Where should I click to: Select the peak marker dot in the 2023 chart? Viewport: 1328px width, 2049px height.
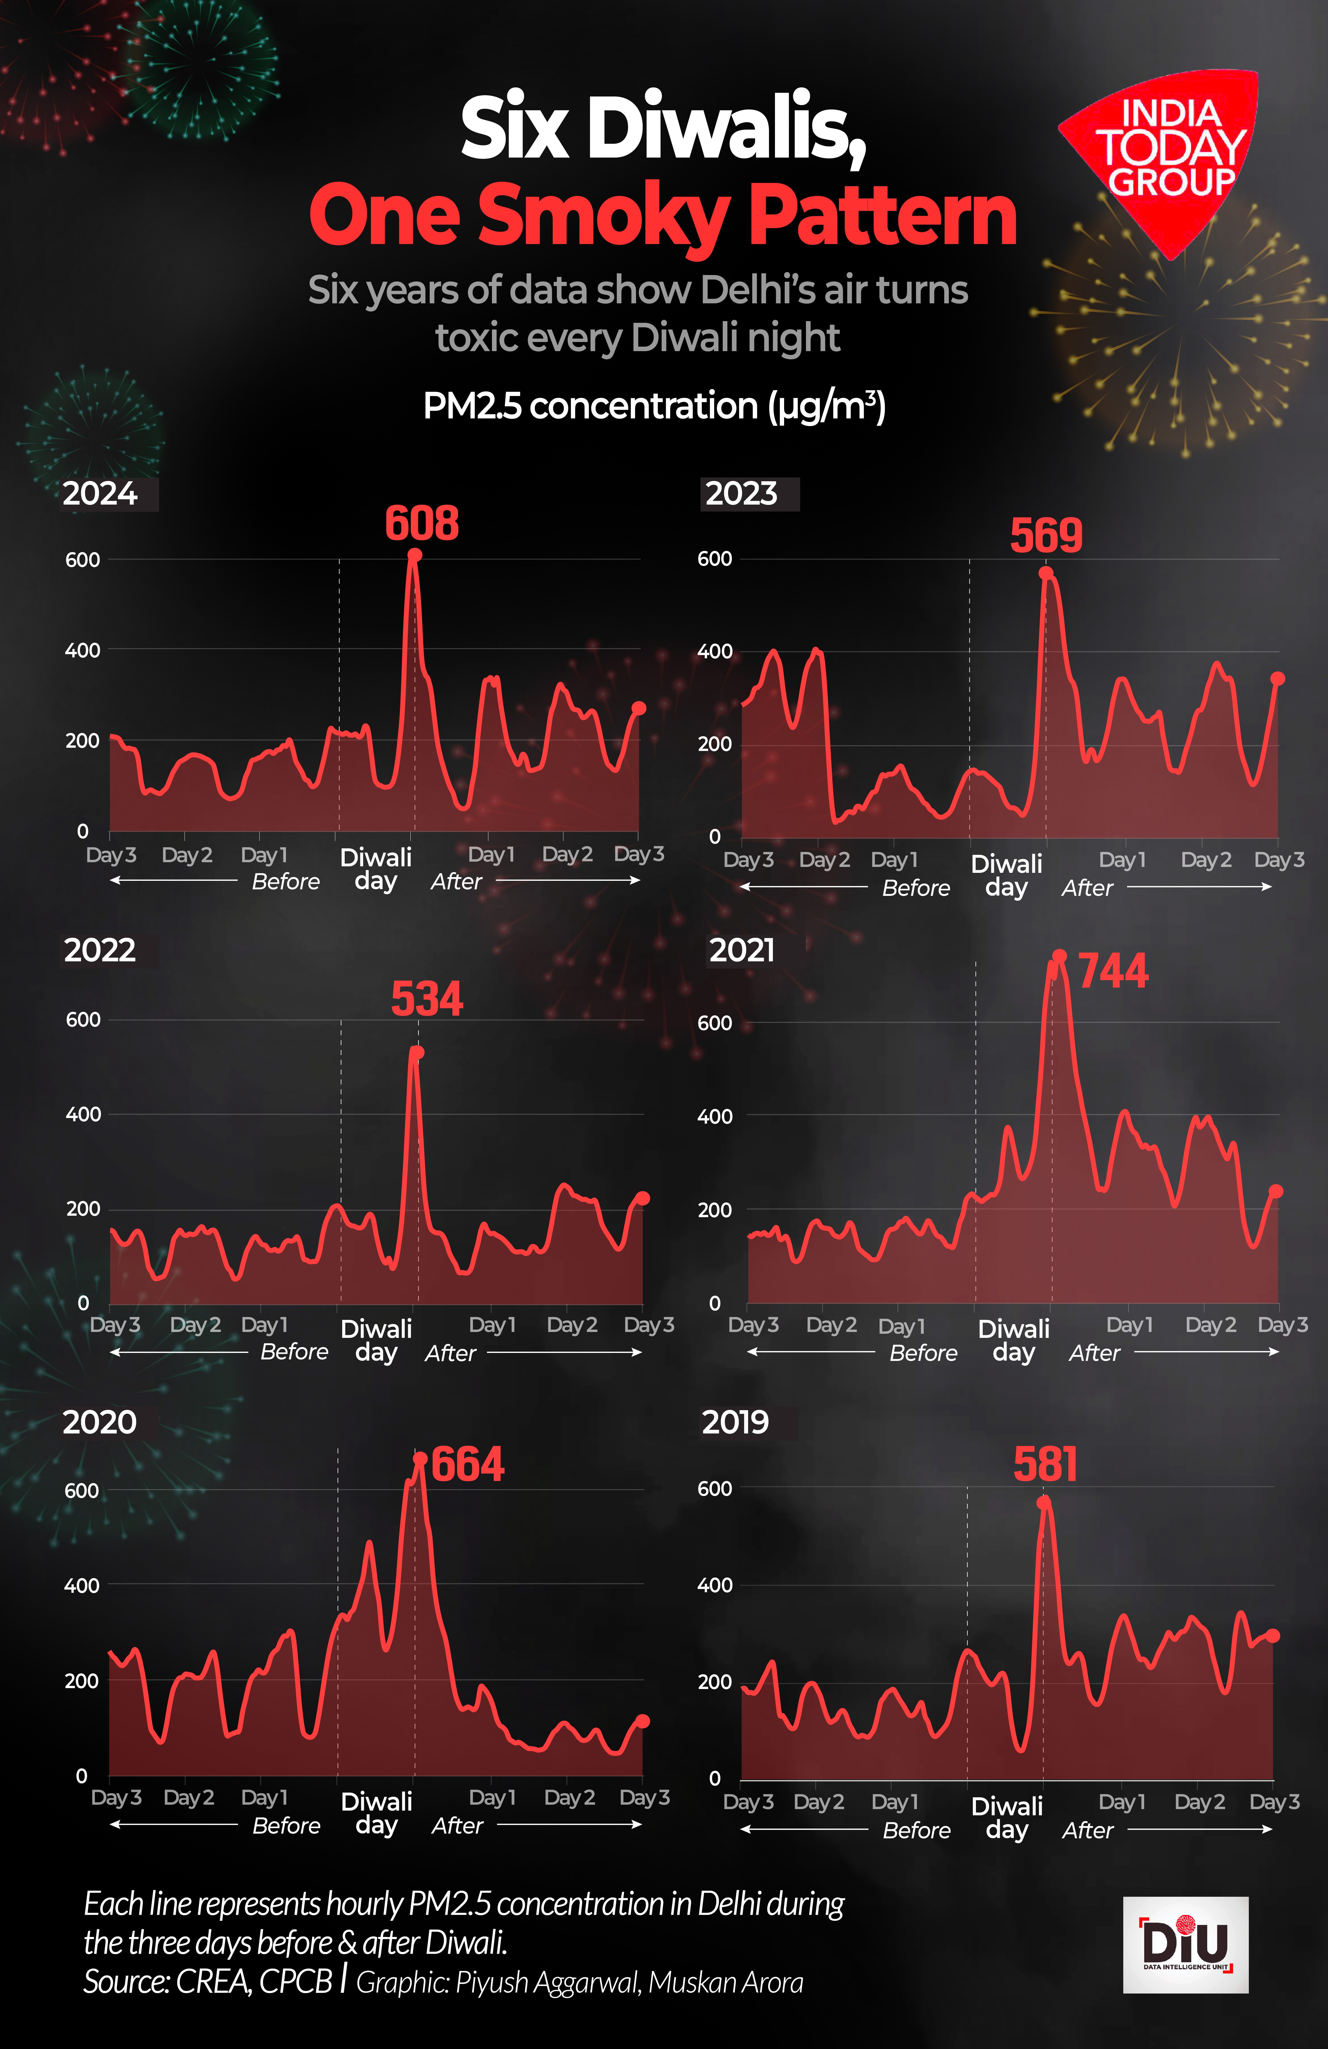(x=1046, y=573)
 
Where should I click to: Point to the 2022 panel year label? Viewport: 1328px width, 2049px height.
(x=100, y=950)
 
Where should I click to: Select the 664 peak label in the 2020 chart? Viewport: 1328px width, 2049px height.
(x=468, y=1464)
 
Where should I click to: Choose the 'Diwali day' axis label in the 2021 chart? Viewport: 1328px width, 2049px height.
(x=1014, y=1341)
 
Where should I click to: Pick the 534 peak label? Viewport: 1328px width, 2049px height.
(x=427, y=999)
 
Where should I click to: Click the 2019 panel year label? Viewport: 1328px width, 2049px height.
(x=735, y=1422)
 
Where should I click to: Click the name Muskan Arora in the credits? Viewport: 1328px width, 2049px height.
(x=725, y=1983)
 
